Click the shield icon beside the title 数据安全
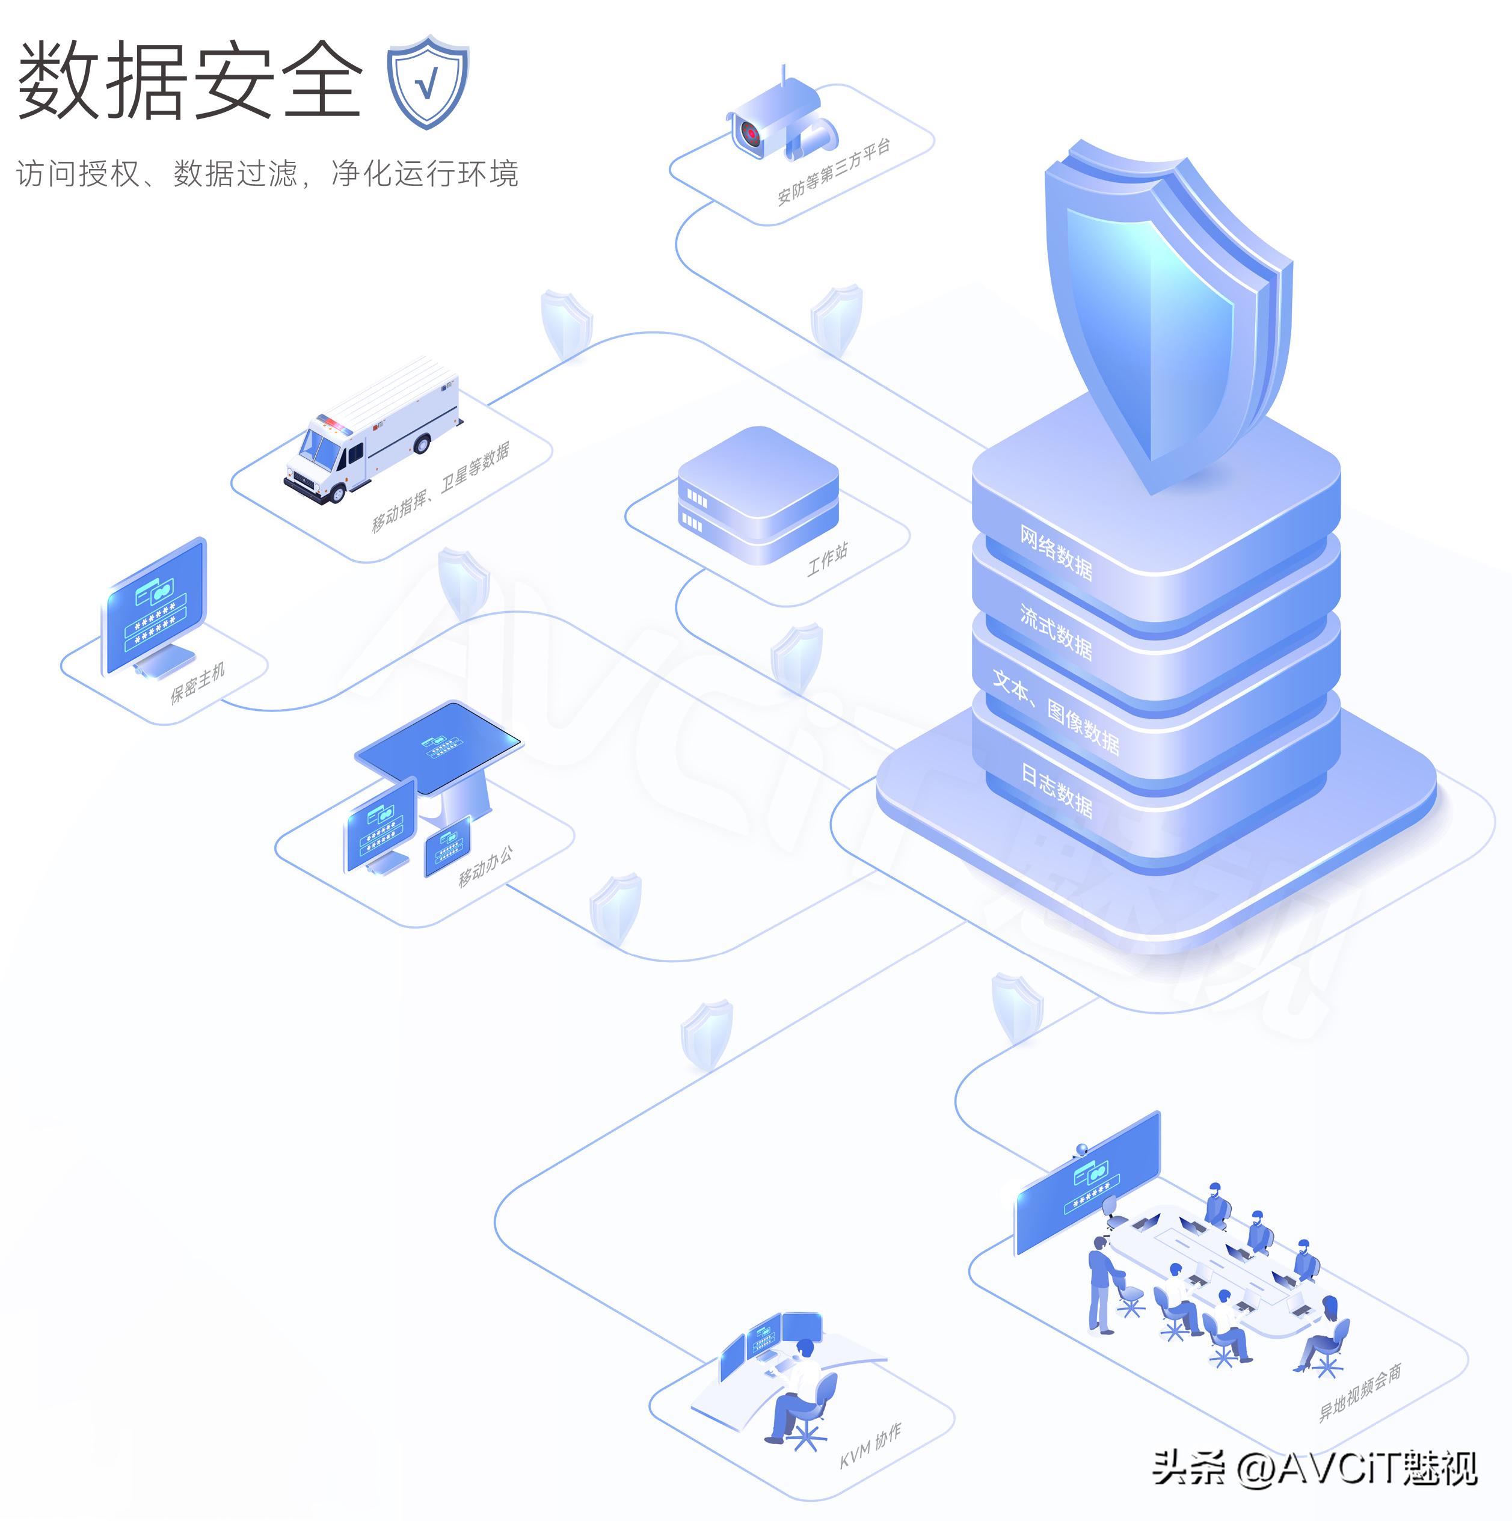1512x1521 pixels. coord(428,82)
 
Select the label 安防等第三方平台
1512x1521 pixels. coord(834,171)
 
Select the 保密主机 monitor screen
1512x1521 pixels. coord(156,604)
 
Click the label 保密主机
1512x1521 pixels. coord(197,682)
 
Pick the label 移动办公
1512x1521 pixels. coord(485,865)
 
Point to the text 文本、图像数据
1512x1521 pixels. coord(1056,711)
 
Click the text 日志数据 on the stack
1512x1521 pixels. coord(1056,789)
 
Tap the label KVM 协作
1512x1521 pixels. coord(870,1445)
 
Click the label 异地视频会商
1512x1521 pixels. coord(1360,1392)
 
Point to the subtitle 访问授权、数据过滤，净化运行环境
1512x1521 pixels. coord(268,173)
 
